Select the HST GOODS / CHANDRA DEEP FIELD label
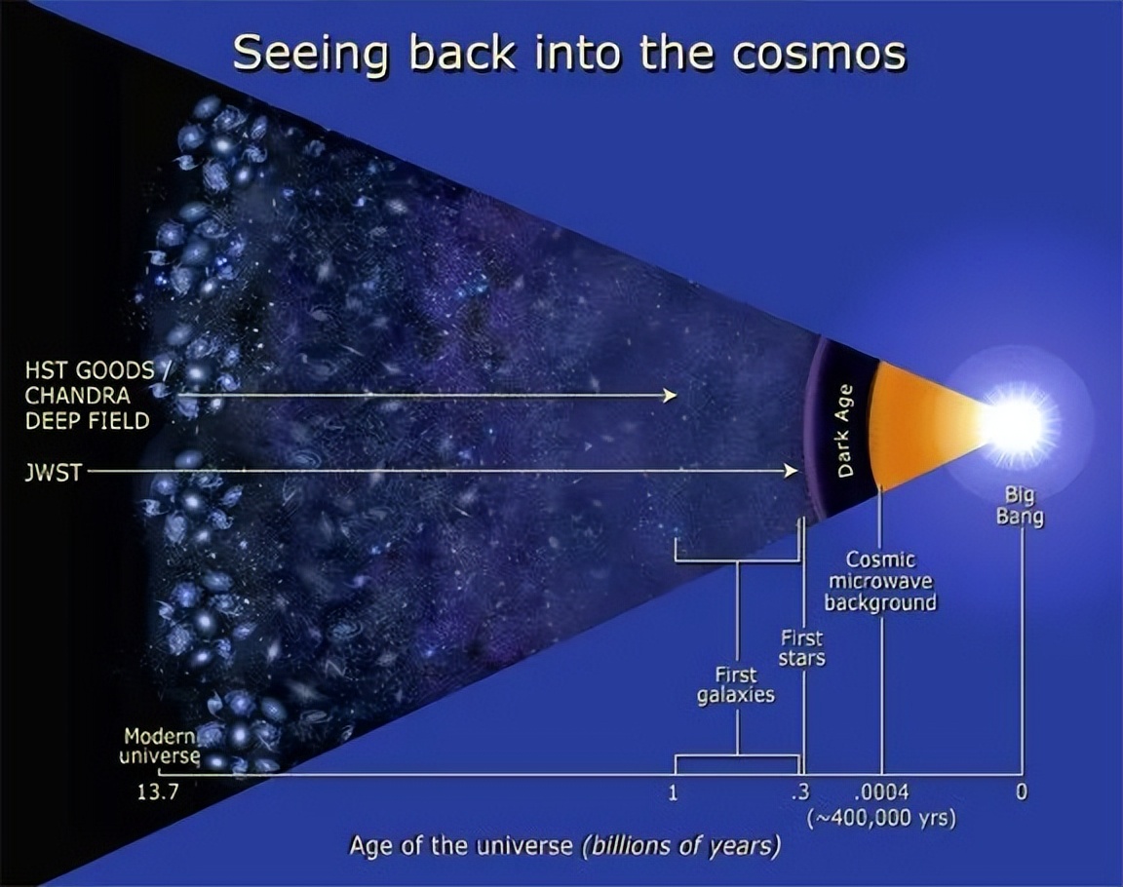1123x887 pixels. [89, 395]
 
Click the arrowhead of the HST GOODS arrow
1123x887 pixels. [671, 395]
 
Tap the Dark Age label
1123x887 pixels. [845, 430]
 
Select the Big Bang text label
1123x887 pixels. [1020, 505]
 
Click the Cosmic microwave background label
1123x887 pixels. [879, 581]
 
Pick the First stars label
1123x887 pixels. [801, 648]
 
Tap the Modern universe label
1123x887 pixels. [161, 746]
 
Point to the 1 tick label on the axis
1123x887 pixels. [673, 791]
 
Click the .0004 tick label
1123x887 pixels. [881, 791]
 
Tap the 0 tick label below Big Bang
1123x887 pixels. [1021, 791]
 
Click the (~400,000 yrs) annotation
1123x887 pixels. [880, 818]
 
